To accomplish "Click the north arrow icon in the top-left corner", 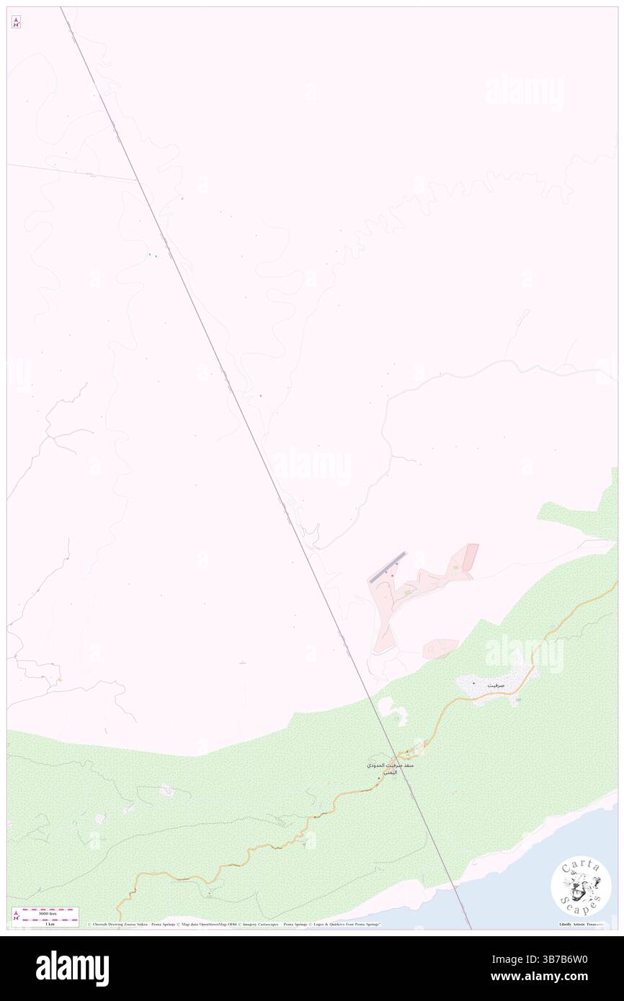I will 16,22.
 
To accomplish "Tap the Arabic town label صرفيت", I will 496,685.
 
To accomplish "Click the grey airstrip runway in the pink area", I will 388,567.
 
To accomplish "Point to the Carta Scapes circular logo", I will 581,886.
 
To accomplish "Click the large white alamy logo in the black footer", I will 73,969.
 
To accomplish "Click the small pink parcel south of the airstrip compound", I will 440,648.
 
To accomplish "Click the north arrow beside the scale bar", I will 16,916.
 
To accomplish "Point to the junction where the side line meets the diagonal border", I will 137,180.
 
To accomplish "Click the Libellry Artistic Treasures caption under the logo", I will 580,924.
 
